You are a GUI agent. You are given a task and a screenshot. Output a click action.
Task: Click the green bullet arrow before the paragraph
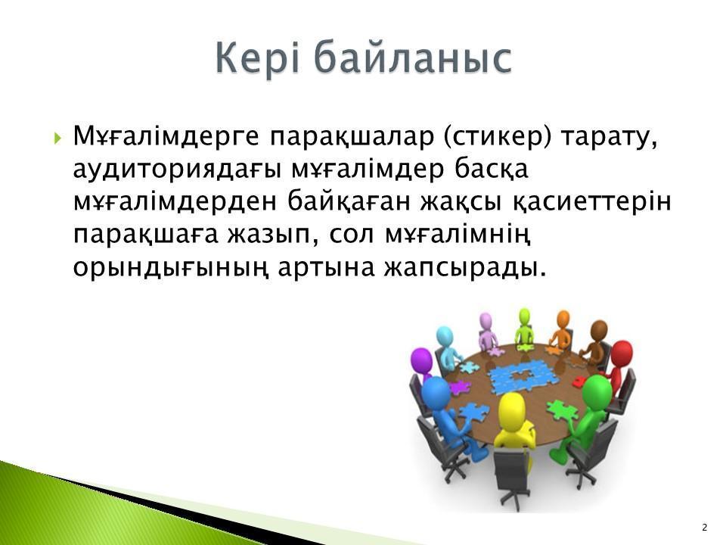pos(57,138)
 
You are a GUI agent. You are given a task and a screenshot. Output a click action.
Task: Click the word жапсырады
pos(465,268)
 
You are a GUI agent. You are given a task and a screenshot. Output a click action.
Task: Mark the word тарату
pos(609,138)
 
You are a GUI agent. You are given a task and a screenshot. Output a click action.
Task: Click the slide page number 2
pos(705,528)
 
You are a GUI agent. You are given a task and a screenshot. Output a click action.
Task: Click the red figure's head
pos(622,353)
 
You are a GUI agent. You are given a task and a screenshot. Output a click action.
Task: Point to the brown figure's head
pos(598,330)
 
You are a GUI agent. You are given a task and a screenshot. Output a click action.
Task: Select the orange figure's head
pos(563,319)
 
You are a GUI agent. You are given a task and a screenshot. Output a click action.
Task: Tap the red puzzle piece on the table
pos(579,382)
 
